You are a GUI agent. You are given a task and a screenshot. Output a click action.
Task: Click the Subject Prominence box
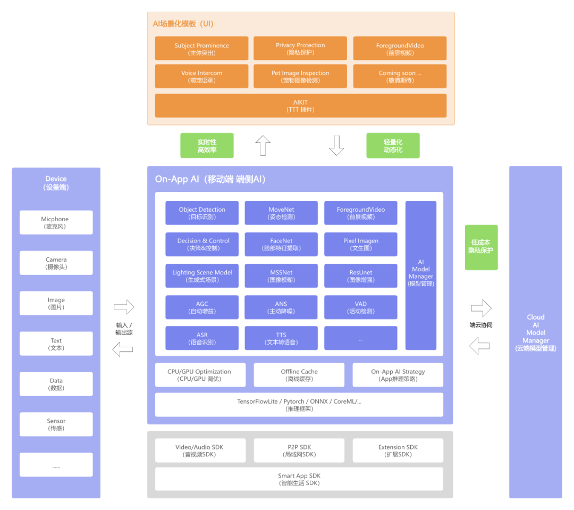(201, 48)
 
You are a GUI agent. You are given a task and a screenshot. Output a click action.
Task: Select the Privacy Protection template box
(300, 48)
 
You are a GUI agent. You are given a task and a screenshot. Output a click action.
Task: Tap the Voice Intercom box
(201, 76)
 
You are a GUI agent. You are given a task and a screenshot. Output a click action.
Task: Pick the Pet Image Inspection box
(300, 76)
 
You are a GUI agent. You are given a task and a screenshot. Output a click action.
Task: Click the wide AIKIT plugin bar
(300, 105)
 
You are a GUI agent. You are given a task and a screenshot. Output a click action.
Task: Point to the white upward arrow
(263, 145)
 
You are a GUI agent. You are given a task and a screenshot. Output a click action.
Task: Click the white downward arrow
(336, 145)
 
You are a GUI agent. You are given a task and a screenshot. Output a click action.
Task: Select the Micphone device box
(56, 222)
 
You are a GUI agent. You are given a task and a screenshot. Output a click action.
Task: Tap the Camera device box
(56, 263)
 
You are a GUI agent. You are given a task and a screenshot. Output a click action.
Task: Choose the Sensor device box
(56, 424)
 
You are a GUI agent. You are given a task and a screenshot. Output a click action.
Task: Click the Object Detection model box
(202, 213)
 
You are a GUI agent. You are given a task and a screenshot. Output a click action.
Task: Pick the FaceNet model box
(281, 244)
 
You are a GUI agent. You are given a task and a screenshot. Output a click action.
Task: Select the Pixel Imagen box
(360, 244)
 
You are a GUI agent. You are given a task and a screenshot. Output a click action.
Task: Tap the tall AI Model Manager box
(421, 275)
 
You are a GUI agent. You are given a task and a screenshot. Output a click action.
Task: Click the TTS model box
(281, 338)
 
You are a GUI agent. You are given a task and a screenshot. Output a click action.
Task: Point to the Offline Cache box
(299, 374)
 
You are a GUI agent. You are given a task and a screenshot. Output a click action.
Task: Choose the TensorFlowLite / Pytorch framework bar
(299, 404)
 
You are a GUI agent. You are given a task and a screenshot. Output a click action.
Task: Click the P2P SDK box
(299, 450)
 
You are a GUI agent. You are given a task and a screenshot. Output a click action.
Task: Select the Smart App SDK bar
(299, 479)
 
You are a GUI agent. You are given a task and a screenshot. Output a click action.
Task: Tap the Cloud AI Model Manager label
(536, 332)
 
